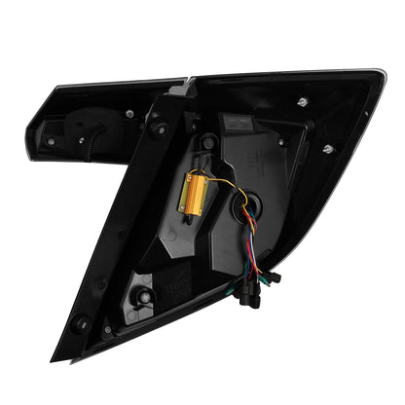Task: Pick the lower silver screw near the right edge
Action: point(327,148)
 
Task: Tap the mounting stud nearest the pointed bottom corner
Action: point(81,323)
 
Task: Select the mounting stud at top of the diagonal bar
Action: point(157,124)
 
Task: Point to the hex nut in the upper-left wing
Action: point(129,114)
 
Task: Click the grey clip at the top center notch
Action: point(177,90)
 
